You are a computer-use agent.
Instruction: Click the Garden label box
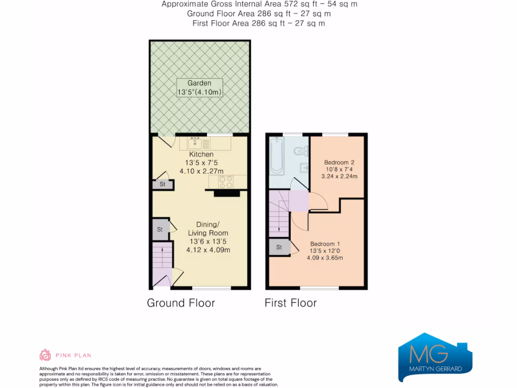click(199, 88)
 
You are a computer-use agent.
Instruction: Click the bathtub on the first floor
click(277, 154)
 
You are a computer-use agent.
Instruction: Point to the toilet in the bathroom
click(301, 150)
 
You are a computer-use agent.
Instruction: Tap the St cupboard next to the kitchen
click(162, 184)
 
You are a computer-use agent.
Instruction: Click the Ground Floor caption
click(181, 303)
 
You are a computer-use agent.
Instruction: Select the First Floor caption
click(290, 303)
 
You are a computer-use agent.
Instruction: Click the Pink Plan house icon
click(45, 355)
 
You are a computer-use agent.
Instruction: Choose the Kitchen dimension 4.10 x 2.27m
click(201, 171)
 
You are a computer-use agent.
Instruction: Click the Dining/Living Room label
click(208, 229)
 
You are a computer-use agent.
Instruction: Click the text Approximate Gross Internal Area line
click(258, 4)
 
